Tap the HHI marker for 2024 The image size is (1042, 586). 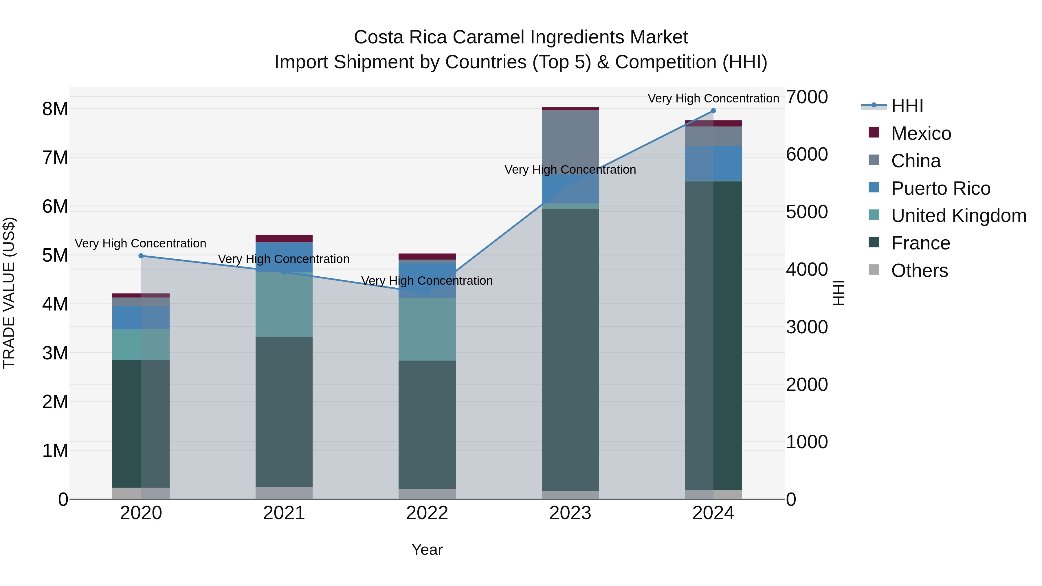(713, 111)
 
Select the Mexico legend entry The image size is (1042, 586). (921, 133)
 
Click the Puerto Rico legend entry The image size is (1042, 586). (940, 188)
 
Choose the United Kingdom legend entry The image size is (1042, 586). (959, 216)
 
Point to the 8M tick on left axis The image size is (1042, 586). (55, 109)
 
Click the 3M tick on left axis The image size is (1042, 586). (55, 353)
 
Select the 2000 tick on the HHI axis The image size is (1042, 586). (807, 385)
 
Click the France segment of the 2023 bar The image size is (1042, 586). (570, 348)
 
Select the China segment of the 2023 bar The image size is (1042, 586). (570, 142)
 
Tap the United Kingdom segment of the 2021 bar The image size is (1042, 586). (284, 304)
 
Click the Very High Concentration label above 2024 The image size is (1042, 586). (713, 98)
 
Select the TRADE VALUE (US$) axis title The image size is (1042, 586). (9, 293)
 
